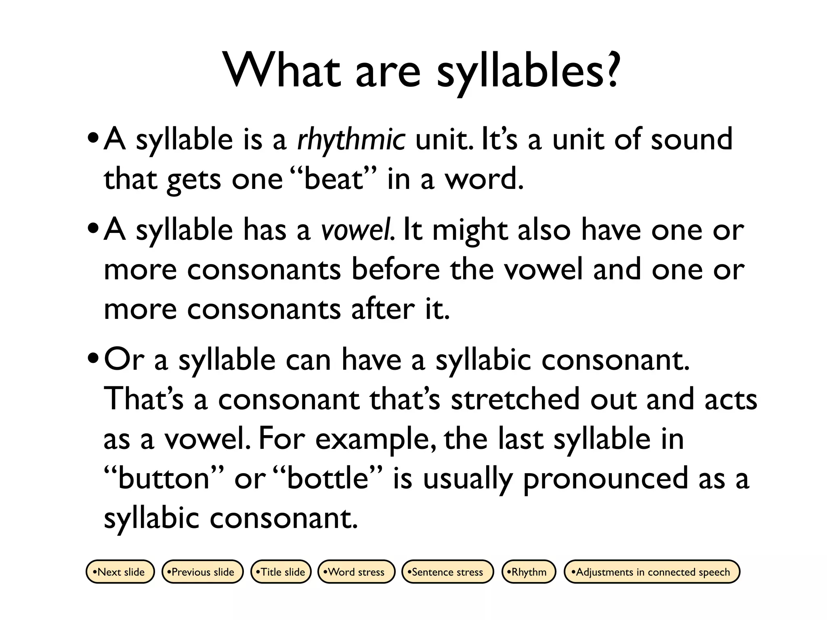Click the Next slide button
(120, 572)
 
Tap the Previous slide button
(203, 572)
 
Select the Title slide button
(281, 572)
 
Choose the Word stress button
(356, 572)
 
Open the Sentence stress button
(447, 572)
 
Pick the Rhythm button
(529, 572)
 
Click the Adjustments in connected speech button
(652, 572)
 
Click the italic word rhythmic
(351, 140)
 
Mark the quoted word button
(164, 478)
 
